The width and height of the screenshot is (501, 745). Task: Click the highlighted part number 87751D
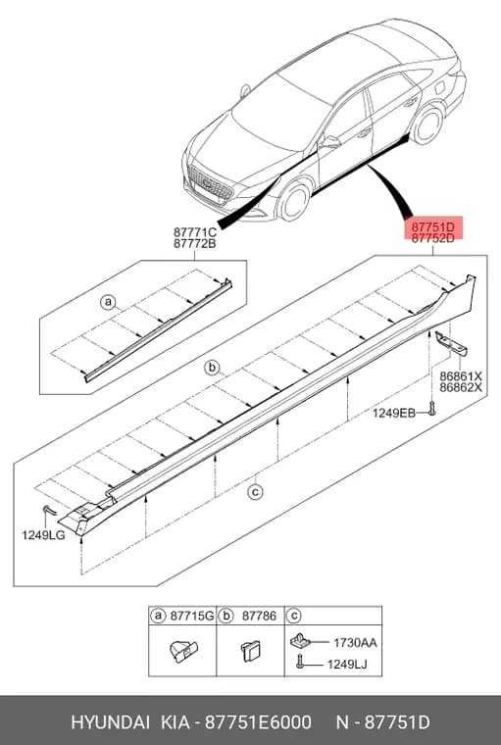coord(432,225)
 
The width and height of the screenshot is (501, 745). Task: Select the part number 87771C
coord(195,232)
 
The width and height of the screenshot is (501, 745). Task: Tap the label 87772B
coord(195,244)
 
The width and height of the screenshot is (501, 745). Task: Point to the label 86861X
coord(461,376)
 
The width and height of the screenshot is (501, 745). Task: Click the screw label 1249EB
coord(393,413)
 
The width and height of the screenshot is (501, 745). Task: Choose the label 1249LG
coord(43,535)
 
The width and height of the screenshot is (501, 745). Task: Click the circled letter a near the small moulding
coord(108,302)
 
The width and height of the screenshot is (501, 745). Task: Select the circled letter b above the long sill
coord(212,367)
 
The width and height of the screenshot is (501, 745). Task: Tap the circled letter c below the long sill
coord(255,492)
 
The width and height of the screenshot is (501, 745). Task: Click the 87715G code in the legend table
coord(192,616)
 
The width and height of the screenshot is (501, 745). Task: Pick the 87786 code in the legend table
coord(259,616)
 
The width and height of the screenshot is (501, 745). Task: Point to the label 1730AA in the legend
coord(355,643)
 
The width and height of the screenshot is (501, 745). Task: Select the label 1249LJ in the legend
coord(347,665)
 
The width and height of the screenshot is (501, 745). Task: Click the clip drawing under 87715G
coord(183,651)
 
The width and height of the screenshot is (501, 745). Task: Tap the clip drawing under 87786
coord(251,651)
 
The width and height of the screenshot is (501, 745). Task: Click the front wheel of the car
coord(295,202)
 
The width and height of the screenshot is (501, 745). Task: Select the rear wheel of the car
coord(426,124)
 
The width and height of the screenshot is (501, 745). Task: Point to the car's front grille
coord(210,183)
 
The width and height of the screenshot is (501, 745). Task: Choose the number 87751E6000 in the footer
coord(258,722)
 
